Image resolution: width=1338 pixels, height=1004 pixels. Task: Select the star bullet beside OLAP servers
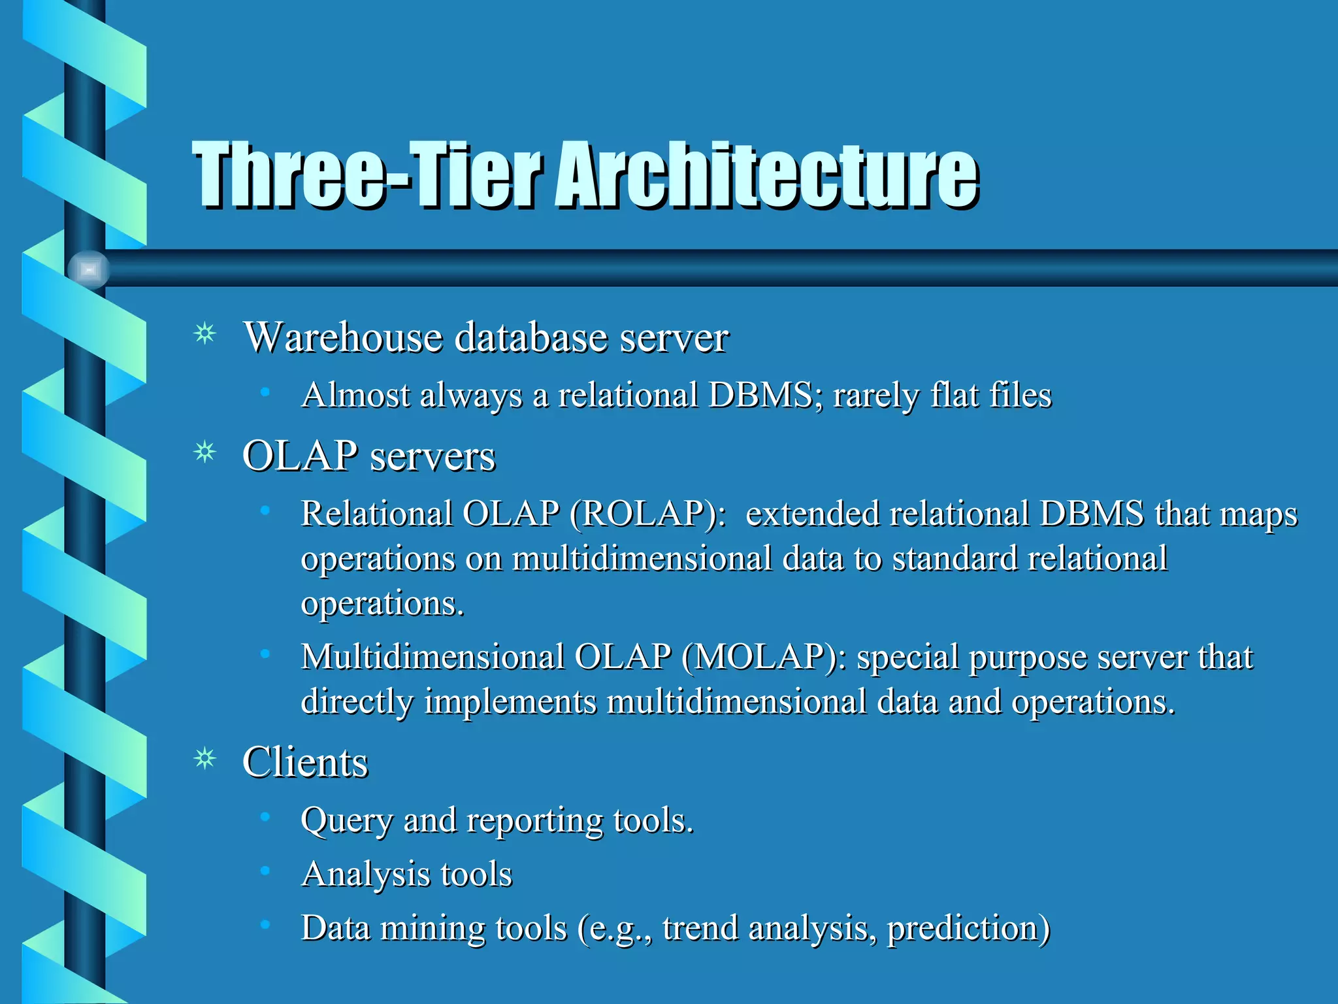point(205,452)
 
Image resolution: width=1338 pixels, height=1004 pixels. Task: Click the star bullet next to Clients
point(205,759)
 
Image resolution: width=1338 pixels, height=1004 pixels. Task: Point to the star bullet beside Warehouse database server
point(205,334)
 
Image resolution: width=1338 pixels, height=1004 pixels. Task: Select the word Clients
point(305,763)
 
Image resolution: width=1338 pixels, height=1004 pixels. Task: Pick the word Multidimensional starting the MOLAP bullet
point(432,657)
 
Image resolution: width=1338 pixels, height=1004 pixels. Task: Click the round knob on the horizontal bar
point(89,269)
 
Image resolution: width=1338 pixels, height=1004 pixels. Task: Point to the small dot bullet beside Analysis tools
point(265,870)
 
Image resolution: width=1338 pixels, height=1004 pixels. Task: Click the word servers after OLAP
point(432,456)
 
